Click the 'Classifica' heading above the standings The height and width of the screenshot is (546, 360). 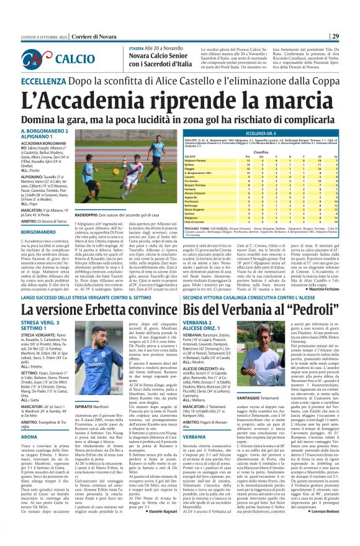pos(279,152)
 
